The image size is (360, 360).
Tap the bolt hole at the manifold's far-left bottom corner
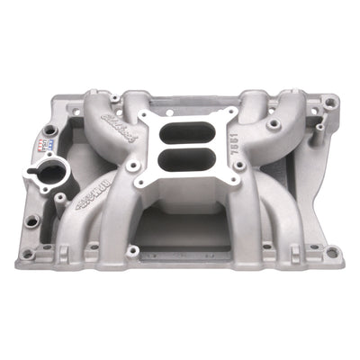click(26, 255)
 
